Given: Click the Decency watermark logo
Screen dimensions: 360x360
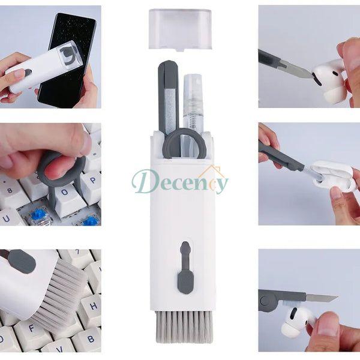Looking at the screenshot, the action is coord(180,181).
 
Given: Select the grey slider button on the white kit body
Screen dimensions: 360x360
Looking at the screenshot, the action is coord(185,268).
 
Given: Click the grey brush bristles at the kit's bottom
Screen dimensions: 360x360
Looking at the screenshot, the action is coord(183,327).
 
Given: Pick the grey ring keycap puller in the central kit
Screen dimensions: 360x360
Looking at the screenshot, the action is coord(185,143).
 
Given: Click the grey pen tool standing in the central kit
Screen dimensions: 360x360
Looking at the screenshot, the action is coord(169,97).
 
